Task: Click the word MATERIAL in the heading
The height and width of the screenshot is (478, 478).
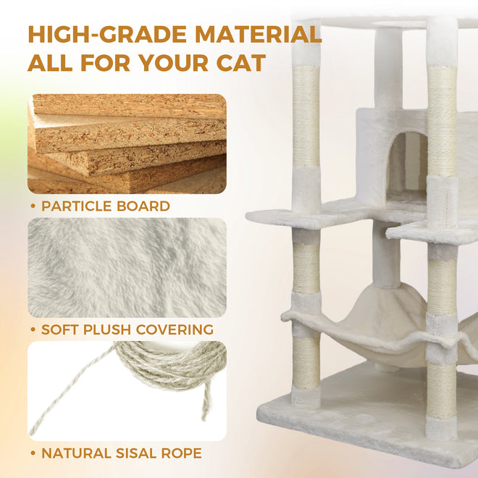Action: click(259, 35)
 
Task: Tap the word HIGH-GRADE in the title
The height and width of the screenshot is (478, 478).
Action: click(107, 35)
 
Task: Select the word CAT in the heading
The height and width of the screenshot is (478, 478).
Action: click(241, 63)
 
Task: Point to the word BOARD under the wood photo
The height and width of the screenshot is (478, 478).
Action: click(143, 206)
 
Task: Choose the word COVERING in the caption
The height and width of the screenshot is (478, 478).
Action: click(175, 330)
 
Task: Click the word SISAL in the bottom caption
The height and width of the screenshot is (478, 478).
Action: click(136, 453)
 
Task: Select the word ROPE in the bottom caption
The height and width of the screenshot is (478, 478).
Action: click(181, 453)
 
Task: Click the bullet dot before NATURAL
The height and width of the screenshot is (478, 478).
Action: click(33, 453)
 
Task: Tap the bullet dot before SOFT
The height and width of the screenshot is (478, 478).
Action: click(33, 330)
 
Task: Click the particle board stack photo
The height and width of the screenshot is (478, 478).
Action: click(127, 144)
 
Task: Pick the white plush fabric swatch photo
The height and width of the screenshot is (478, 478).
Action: click(127, 268)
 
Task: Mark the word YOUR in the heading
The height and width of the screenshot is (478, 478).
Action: click(174, 63)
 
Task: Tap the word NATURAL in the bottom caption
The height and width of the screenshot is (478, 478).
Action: click(76, 453)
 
